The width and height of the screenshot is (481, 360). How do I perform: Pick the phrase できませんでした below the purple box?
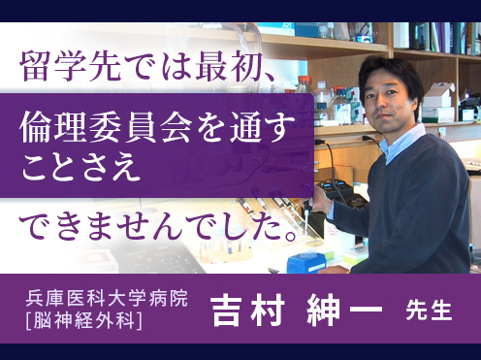145,226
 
